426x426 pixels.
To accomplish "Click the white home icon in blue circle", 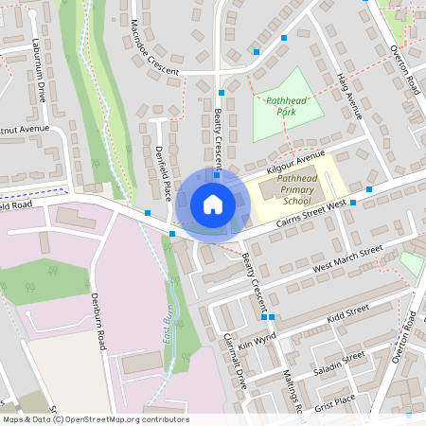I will coord(213,204).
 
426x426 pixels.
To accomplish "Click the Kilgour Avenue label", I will coord(295,160).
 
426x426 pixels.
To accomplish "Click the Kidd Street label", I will coord(346,313).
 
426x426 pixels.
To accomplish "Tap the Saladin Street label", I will coord(341,361).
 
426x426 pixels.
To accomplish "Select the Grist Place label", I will coord(335,400).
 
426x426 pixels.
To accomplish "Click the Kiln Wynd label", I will coord(257,342).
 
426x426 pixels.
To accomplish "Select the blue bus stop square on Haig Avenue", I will coord(284,38).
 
